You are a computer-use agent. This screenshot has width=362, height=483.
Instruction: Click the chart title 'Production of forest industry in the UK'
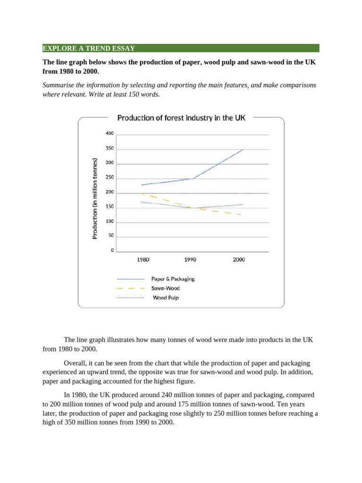181,118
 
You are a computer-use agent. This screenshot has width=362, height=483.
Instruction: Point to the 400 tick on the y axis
109,133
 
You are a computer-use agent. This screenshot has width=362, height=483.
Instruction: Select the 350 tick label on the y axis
109,149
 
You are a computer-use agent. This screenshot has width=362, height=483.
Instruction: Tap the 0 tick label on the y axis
112,250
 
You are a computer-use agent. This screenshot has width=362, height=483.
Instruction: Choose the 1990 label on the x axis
190,259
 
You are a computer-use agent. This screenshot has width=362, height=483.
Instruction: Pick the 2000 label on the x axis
239,259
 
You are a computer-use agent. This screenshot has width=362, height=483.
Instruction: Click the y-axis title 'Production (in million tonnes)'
95,198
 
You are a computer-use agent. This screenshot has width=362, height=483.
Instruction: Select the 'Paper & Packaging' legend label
173,279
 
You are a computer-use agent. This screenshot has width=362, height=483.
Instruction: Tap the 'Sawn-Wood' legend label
165,288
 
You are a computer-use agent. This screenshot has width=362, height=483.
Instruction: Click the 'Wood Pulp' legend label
165,298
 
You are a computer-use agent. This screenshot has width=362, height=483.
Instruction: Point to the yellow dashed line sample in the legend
130,288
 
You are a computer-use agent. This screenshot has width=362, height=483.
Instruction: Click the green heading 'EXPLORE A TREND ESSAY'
89,48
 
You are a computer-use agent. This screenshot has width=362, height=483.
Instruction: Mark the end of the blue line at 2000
243,150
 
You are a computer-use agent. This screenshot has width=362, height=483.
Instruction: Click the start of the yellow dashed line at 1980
141,193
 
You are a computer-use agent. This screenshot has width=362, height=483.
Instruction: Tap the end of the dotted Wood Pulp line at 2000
243,205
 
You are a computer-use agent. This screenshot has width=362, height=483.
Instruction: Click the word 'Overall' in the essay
75,363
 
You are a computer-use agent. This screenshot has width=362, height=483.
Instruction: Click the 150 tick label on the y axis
109,207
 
